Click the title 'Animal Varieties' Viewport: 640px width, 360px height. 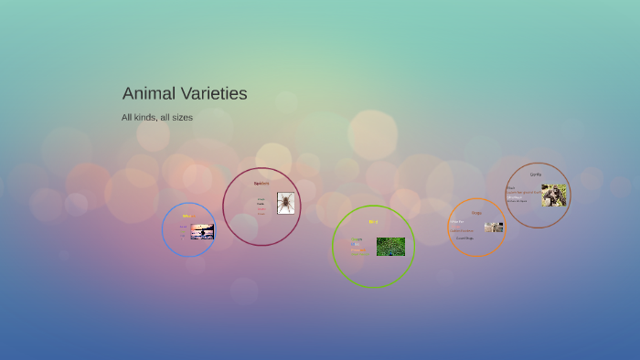[185, 93]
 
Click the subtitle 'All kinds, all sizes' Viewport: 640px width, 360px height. [157, 117]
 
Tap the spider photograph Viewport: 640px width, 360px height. [286, 203]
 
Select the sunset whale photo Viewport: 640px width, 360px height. [202, 231]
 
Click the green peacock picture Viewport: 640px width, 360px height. [390, 247]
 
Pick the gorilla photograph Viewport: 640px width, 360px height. [553, 195]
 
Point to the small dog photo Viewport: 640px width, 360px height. [494, 227]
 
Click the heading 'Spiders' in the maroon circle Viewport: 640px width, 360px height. [261, 184]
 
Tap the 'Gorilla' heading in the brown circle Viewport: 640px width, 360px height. [535, 175]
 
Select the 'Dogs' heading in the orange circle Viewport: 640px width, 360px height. [476, 213]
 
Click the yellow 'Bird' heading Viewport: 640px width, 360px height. [373, 222]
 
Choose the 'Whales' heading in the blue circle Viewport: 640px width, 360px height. [187, 217]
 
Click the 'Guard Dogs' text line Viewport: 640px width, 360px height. [465, 238]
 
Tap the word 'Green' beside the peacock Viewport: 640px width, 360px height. [357, 239]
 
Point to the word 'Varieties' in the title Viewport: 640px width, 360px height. [212, 93]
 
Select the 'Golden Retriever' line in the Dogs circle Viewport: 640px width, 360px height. [462, 231]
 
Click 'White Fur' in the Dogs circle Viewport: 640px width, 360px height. [456, 222]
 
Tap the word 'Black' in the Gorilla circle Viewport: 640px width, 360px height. [511, 187]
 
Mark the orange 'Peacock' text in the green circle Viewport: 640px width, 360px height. [357, 250]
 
